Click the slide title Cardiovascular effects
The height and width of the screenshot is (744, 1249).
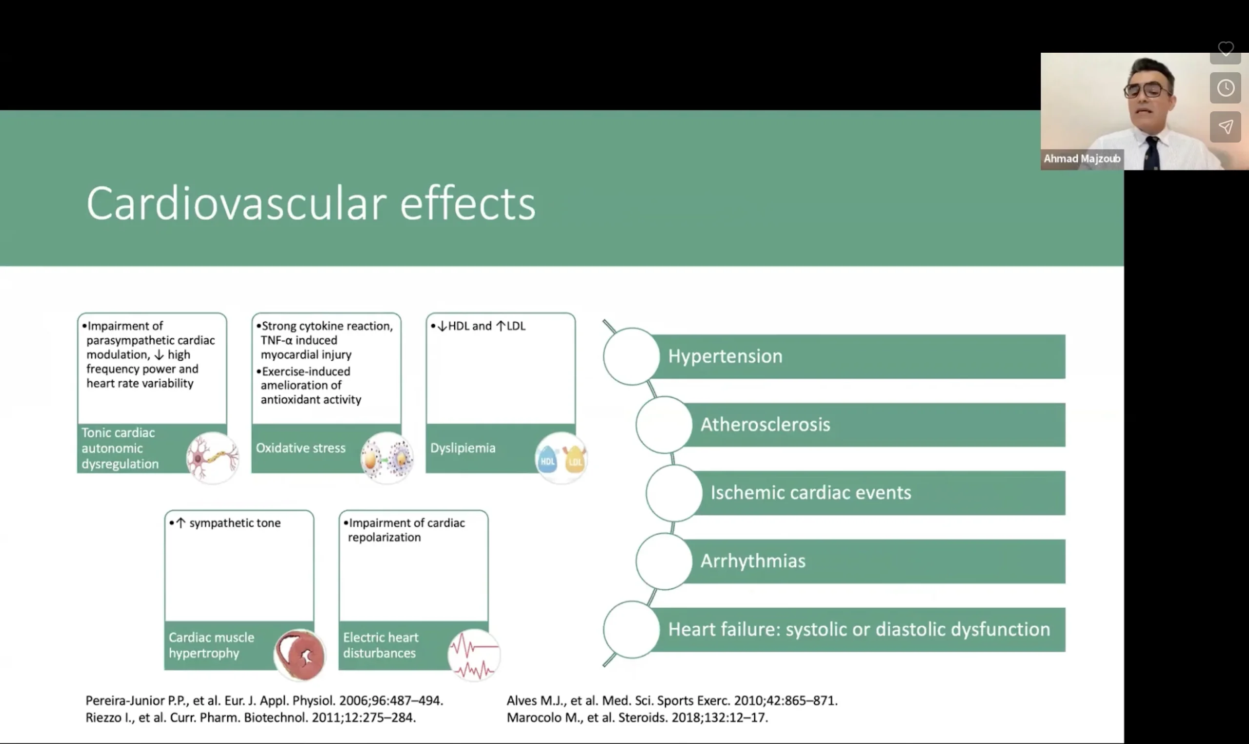tap(311, 203)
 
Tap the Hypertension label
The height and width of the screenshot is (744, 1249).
tap(725, 356)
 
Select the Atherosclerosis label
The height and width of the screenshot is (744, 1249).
tap(765, 425)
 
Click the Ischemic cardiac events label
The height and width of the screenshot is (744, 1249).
tap(810, 493)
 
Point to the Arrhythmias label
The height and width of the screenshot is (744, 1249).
tap(752, 561)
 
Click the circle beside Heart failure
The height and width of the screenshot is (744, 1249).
tap(631, 630)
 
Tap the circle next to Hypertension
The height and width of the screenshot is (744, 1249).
tap(631, 356)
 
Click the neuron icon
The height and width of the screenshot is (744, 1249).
tap(212, 458)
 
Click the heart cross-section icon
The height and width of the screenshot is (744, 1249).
tap(300, 654)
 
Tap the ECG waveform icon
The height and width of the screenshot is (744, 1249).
tap(473, 655)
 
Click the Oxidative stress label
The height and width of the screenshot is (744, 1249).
tap(301, 448)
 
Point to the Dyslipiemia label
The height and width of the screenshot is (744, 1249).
tap(463, 448)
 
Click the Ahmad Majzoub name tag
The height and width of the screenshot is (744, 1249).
tap(1082, 159)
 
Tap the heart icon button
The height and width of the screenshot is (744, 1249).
tap(1226, 49)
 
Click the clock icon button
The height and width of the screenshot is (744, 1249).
tap(1226, 88)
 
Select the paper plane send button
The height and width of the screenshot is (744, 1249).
tap(1226, 127)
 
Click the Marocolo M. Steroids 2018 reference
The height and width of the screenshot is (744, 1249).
tap(637, 718)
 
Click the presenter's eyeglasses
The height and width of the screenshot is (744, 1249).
tap(1147, 90)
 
